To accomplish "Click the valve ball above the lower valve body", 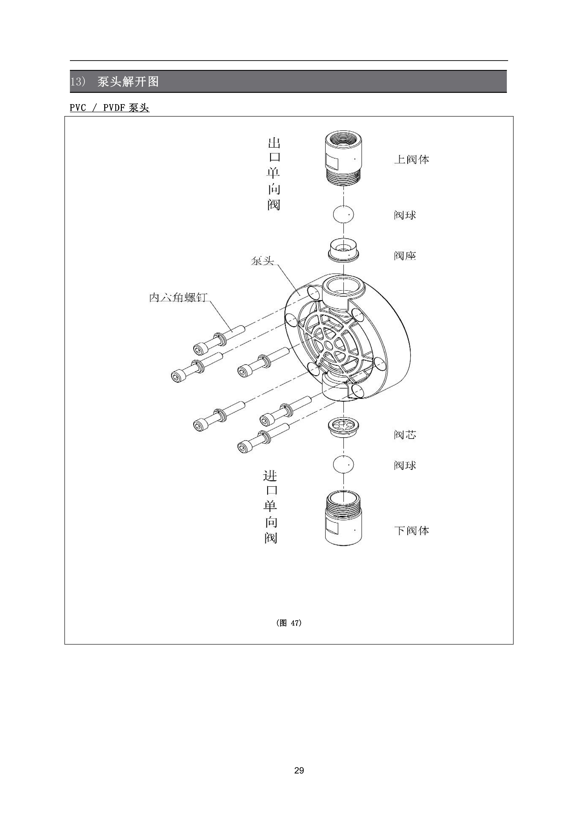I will coord(343,465).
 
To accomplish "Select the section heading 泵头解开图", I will coord(128,82).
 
